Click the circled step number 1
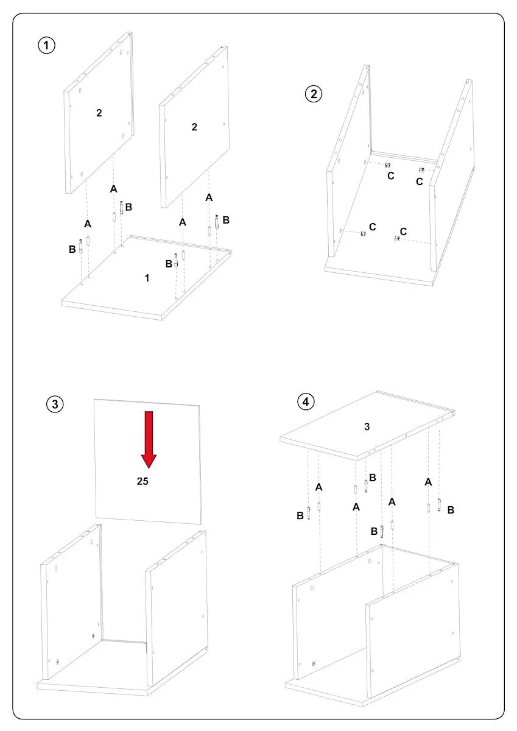tap(47, 45)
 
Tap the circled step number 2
tap(314, 94)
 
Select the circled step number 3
tap(55, 404)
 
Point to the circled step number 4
tap(306, 401)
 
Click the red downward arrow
tap(149, 440)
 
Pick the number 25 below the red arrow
tap(142, 481)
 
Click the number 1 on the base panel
tap(147, 278)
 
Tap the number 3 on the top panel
tap(367, 426)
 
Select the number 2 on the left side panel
tap(99, 113)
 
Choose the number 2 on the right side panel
tap(194, 127)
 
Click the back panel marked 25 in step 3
tap(148, 461)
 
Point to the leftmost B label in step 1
tap(72, 249)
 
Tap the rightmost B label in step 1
tap(226, 220)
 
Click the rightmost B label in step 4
tap(451, 510)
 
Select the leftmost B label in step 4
tap(300, 515)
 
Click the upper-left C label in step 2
tap(391, 176)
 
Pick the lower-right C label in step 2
tap(403, 231)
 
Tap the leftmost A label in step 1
tap(88, 224)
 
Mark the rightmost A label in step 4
tap(428, 482)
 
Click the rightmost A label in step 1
tap(209, 197)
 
